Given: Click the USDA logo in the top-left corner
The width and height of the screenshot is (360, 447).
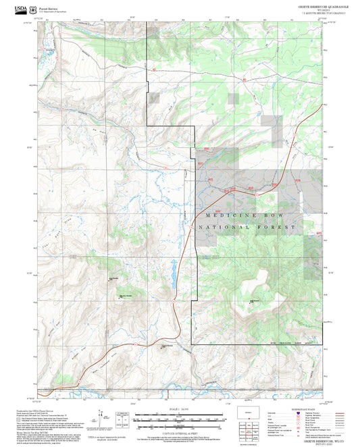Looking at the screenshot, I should pyautogui.click(x=21, y=9).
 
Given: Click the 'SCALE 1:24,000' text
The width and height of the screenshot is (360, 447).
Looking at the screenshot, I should pyautogui.click(x=180, y=410).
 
